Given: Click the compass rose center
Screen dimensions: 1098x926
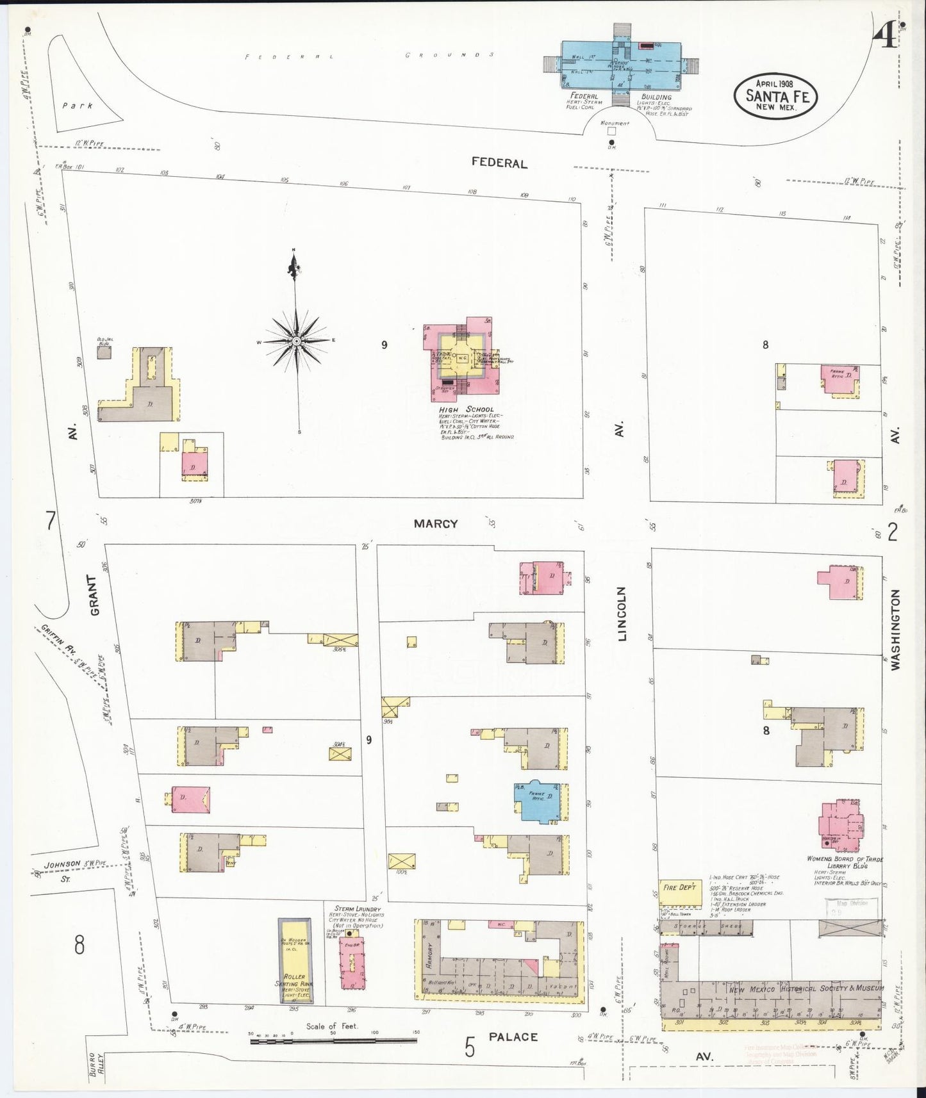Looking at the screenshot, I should click(297, 342).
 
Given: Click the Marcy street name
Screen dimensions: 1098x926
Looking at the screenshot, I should click(436, 523).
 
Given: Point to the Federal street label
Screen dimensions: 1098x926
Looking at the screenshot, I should click(499, 163).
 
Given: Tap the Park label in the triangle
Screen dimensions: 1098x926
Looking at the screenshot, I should click(78, 106).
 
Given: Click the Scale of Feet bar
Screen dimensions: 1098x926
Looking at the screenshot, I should click(333, 1040).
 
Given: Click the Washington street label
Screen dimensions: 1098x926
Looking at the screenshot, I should click(895, 630).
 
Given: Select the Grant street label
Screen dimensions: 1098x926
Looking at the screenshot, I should click(95, 595).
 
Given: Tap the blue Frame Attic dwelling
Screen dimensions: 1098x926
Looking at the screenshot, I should click(541, 801).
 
